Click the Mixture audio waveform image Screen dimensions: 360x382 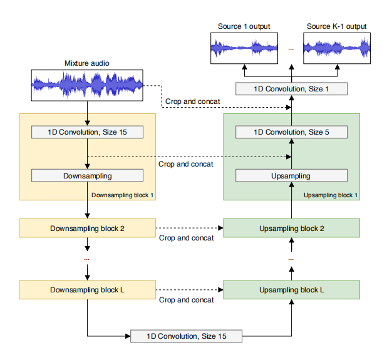click(87, 85)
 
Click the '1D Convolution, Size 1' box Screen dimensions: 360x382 click(291, 89)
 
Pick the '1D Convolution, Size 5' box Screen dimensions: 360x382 click(291, 132)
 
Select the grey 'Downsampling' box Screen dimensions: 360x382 click(87, 176)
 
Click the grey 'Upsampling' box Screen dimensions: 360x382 click(291, 176)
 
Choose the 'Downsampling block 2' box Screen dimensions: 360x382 click(87, 228)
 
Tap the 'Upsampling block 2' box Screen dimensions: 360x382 click(291, 228)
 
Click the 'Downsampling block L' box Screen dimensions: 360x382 click(87, 290)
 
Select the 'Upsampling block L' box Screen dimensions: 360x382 click(291, 290)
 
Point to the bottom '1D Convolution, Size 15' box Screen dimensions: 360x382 click(187, 336)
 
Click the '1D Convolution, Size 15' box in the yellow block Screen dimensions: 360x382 click(87, 132)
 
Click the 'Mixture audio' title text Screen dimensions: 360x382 click(87, 63)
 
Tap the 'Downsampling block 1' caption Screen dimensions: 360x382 click(123, 195)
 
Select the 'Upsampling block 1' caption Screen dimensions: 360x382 click(331, 195)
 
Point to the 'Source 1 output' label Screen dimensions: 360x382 click(244, 26)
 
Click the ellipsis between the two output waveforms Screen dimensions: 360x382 click(291, 48)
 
